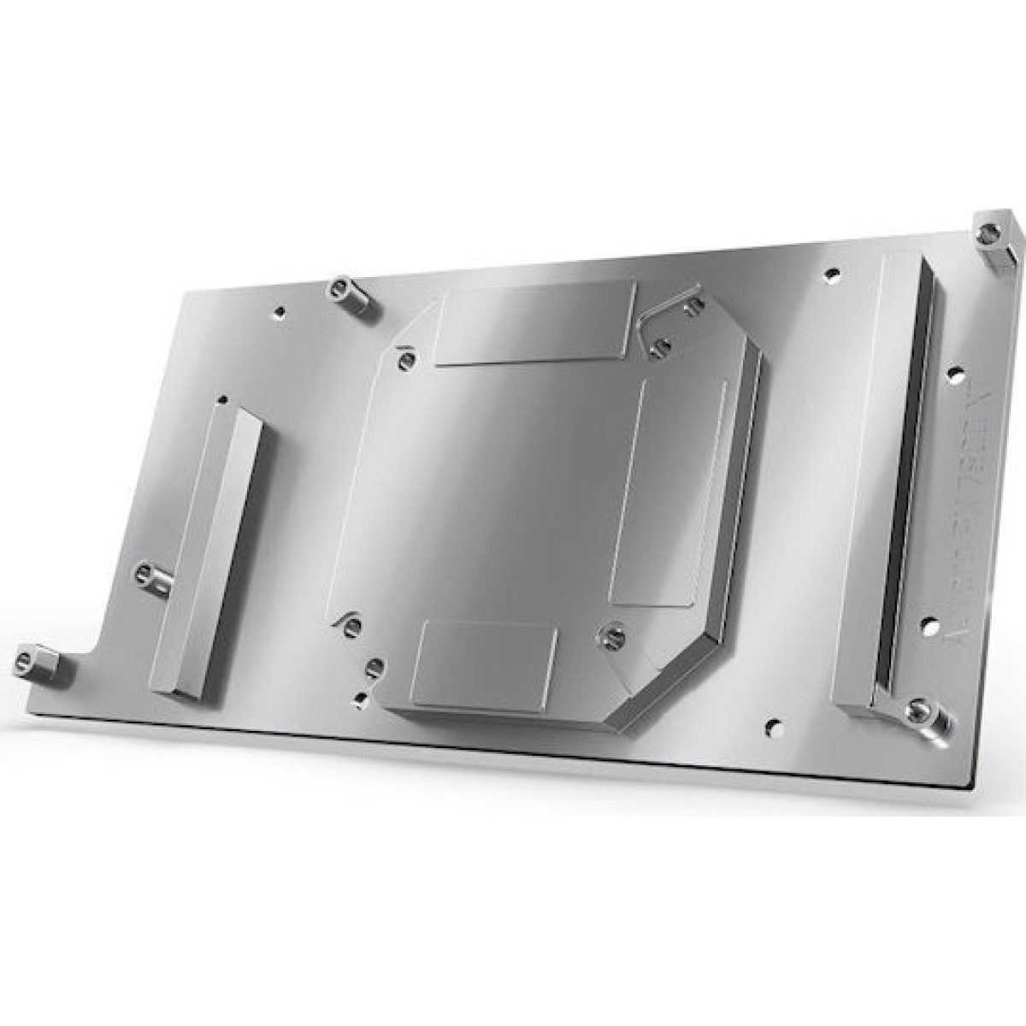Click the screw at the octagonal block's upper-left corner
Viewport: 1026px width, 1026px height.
pyautogui.click(x=407, y=359)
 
